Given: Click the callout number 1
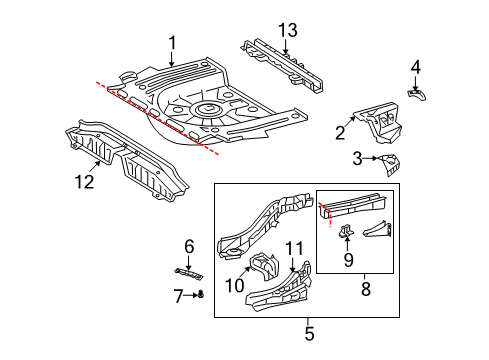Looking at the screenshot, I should point(172,42).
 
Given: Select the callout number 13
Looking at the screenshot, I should point(289,34).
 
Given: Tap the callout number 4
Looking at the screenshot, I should point(416,68).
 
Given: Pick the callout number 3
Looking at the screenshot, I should point(358,158).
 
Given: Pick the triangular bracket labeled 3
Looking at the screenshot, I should point(386,164).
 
